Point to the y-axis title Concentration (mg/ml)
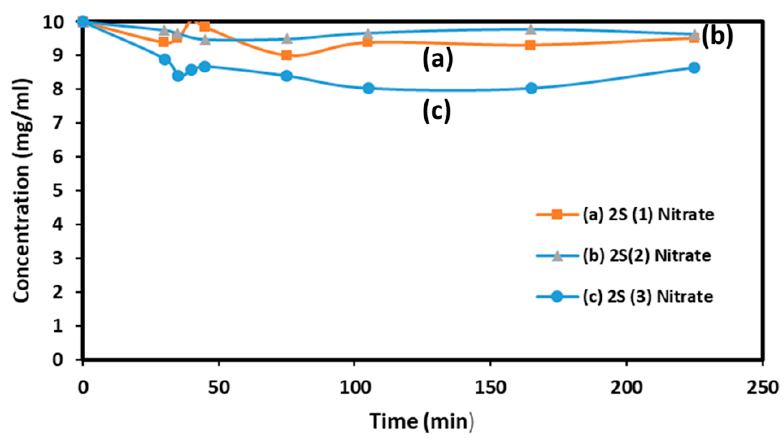coord(22,191)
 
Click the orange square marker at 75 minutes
coord(286,55)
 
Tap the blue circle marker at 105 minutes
coord(368,88)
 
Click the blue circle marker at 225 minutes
coord(694,68)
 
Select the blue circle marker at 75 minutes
coord(286,76)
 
